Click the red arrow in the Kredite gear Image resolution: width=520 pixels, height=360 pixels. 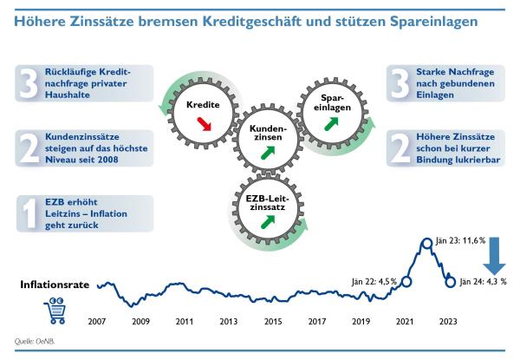pyautogui.click(x=205, y=125)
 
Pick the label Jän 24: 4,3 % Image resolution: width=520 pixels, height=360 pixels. pyautogui.click(x=483, y=281)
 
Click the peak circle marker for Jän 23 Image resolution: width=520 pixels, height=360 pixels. pyautogui.click(x=426, y=245)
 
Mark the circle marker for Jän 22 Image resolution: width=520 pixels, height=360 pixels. pyautogui.click(x=406, y=281)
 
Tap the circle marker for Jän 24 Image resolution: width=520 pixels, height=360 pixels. pyautogui.click(x=450, y=281)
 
